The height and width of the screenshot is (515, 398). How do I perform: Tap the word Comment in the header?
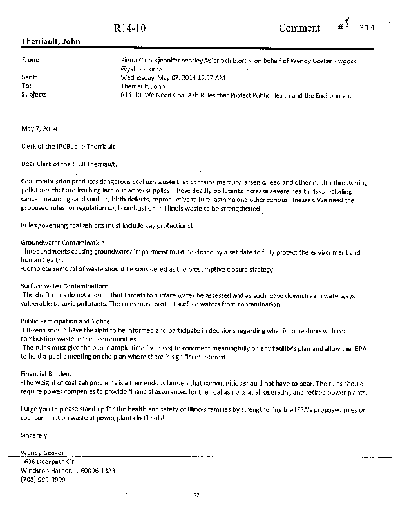point(299,28)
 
